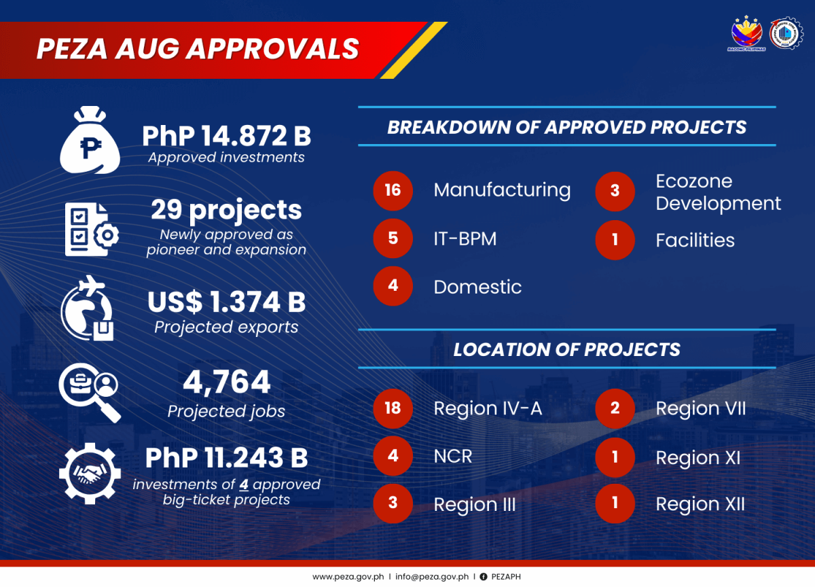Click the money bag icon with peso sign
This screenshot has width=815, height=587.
pos(90,140)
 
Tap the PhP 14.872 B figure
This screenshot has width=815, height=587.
pos(226,136)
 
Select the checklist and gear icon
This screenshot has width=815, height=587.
pos(92,229)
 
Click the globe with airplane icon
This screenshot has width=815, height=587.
pos(88,308)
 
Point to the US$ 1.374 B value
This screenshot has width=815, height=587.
pos(226,302)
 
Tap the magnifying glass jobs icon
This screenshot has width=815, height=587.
pos(90,392)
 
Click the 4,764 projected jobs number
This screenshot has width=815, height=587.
pos(226,382)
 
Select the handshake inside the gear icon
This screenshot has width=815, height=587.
pos(90,474)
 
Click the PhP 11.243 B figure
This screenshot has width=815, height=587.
pos(226,457)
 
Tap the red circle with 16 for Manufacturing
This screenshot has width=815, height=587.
pos(393,191)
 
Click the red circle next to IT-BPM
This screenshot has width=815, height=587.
pos(393,238)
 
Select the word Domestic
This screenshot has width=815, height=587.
pos(477,287)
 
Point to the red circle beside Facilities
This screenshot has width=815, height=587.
pos(615,240)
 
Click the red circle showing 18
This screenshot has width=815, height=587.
pos(393,408)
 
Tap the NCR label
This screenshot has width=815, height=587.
pos(453,456)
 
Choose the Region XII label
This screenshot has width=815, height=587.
pos(700,504)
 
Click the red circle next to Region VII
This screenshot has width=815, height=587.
pos(615,408)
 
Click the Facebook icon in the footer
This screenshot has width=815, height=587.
pos(483,576)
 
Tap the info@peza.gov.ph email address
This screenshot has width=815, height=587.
pos(432,576)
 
